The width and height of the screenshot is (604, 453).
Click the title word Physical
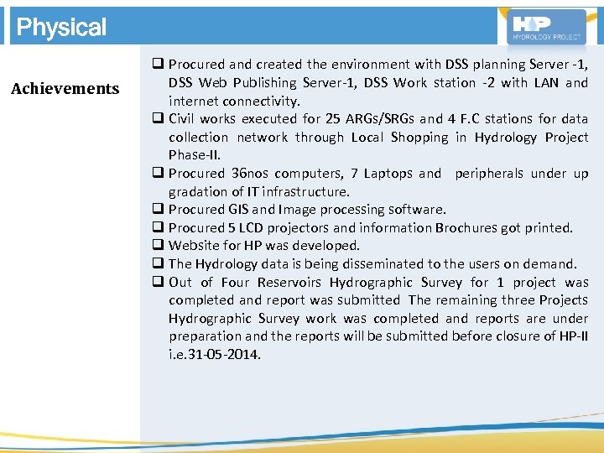pos(61,27)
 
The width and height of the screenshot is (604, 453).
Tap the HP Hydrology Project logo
pos(548,27)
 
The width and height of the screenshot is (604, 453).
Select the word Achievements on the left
pos(65,89)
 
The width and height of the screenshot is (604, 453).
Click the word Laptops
pos(382,174)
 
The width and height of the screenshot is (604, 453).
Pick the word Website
pos(193,246)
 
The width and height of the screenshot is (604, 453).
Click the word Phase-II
pos(194,155)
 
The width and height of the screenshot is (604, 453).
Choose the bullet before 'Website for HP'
pos(158,246)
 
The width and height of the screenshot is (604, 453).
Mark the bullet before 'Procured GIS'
pos(158,210)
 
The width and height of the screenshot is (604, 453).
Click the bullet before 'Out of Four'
pos(158,283)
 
